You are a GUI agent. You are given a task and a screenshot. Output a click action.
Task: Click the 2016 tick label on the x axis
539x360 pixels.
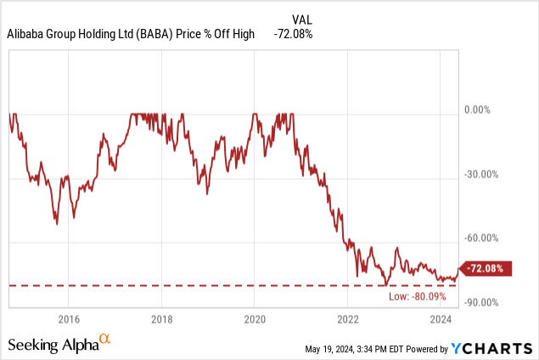click(x=69, y=319)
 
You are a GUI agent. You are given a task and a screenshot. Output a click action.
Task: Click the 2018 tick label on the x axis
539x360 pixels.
click(x=162, y=319)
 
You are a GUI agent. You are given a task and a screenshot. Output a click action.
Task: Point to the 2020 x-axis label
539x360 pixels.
click(x=255, y=319)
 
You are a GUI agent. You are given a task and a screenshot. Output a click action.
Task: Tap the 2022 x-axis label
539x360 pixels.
click(x=348, y=319)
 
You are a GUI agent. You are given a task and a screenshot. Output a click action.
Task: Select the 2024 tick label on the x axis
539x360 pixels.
click(x=441, y=319)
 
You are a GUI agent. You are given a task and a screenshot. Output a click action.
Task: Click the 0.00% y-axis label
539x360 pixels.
click(x=477, y=110)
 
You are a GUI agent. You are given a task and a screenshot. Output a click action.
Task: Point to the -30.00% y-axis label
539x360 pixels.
click(x=480, y=175)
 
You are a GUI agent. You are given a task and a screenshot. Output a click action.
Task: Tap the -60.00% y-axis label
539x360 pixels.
click(x=480, y=239)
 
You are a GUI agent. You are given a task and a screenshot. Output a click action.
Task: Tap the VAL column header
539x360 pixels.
click(x=303, y=18)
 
